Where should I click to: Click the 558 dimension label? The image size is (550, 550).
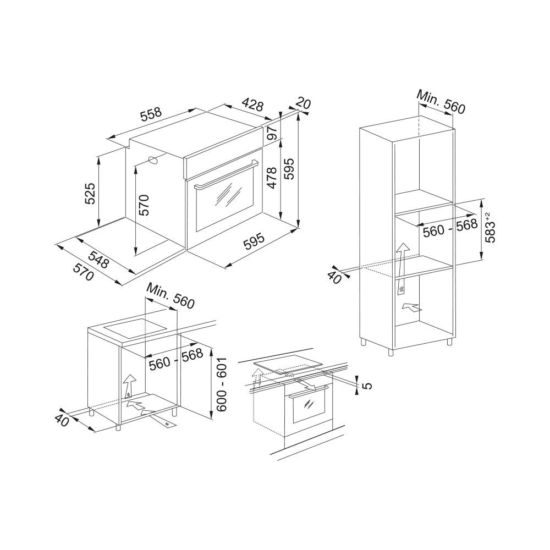(151, 114)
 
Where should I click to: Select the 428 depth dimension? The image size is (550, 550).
(252, 104)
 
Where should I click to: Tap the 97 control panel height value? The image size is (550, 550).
(272, 133)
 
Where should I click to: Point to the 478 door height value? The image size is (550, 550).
(272, 178)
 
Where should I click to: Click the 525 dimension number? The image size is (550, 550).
(90, 193)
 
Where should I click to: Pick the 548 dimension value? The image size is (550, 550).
(98, 259)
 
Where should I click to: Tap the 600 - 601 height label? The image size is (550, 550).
(222, 385)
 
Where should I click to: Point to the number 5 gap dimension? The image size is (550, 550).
(366, 386)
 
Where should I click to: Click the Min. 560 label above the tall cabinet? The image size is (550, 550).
(441, 102)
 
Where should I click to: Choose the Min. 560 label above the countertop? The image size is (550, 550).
(170, 296)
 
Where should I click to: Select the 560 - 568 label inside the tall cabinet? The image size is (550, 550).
(450, 228)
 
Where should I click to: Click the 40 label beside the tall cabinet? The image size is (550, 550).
(334, 278)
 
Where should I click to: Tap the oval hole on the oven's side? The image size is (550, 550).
(153, 160)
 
